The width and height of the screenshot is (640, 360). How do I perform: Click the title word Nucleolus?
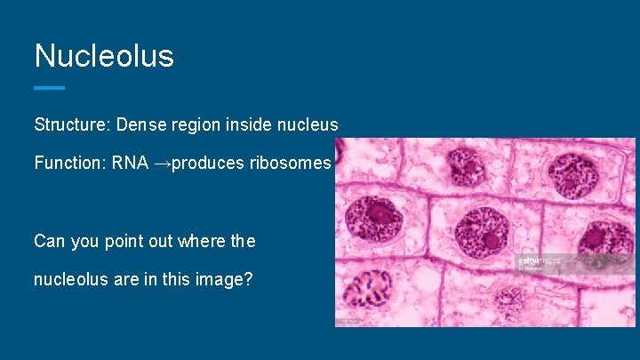pyautogui.click(x=104, y=56)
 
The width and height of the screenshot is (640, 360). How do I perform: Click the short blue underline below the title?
pyautogui.click(x=50, y=87)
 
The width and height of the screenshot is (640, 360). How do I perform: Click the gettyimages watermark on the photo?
pyautogui.click(x=539, y=261)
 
